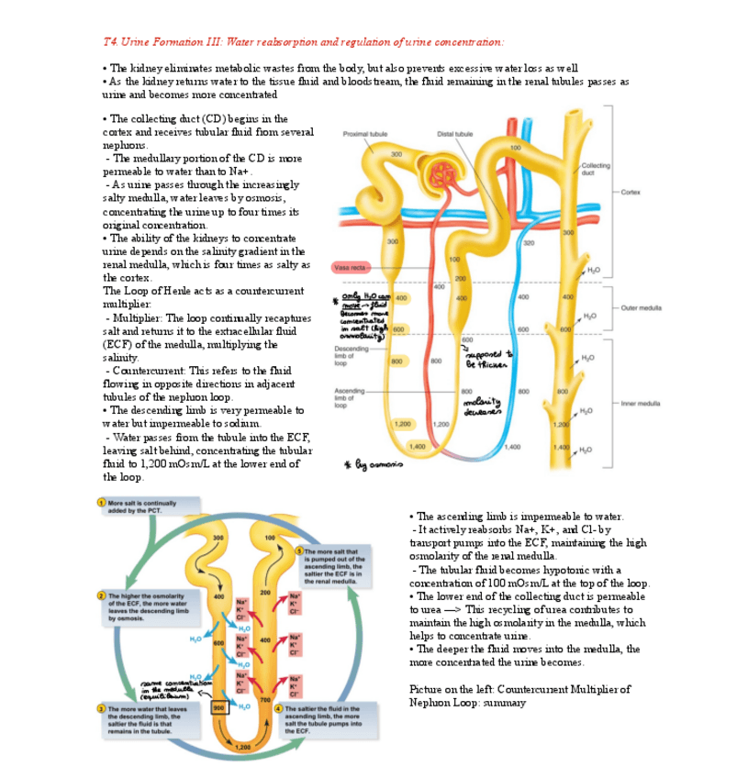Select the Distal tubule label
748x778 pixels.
coord(455,133)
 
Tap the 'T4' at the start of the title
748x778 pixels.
coord(110,42)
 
